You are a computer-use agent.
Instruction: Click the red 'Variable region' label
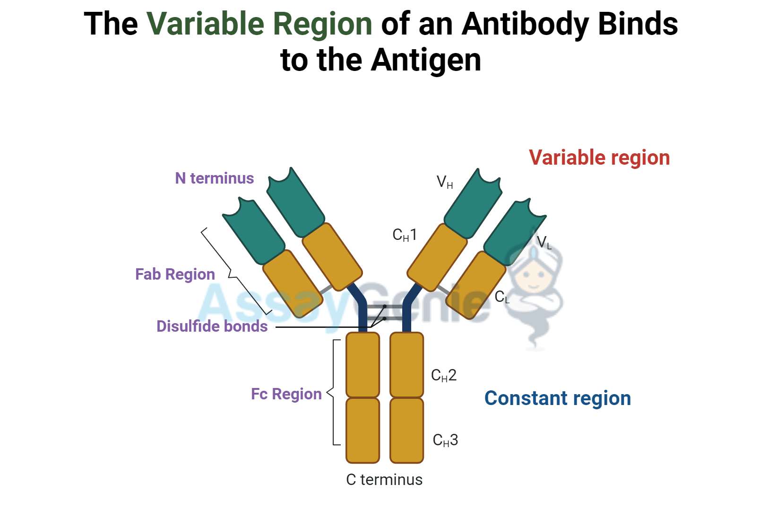click(599, 158)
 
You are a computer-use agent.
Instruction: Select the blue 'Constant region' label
click(557, 398)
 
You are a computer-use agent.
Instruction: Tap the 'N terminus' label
click(214, 178)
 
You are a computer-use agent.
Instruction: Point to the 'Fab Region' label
click(175, 274)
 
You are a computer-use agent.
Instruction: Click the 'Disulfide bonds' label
click(212, 326)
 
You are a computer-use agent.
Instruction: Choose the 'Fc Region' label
click(286, 394)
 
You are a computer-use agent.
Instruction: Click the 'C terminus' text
click(384, 480)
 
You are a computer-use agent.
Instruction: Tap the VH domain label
click(444, 182)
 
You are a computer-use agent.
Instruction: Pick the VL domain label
click(544, 243)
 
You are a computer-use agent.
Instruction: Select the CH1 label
click(405, 235)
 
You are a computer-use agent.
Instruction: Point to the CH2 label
click(444, 376)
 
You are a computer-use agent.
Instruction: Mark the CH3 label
click(445, 441)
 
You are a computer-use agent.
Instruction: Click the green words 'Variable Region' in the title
click(259, 24)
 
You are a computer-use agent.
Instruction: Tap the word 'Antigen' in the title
click(425, 60)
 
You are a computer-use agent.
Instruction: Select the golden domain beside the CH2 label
click(406, 364)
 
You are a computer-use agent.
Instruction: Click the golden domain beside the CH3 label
click(406, 430)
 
